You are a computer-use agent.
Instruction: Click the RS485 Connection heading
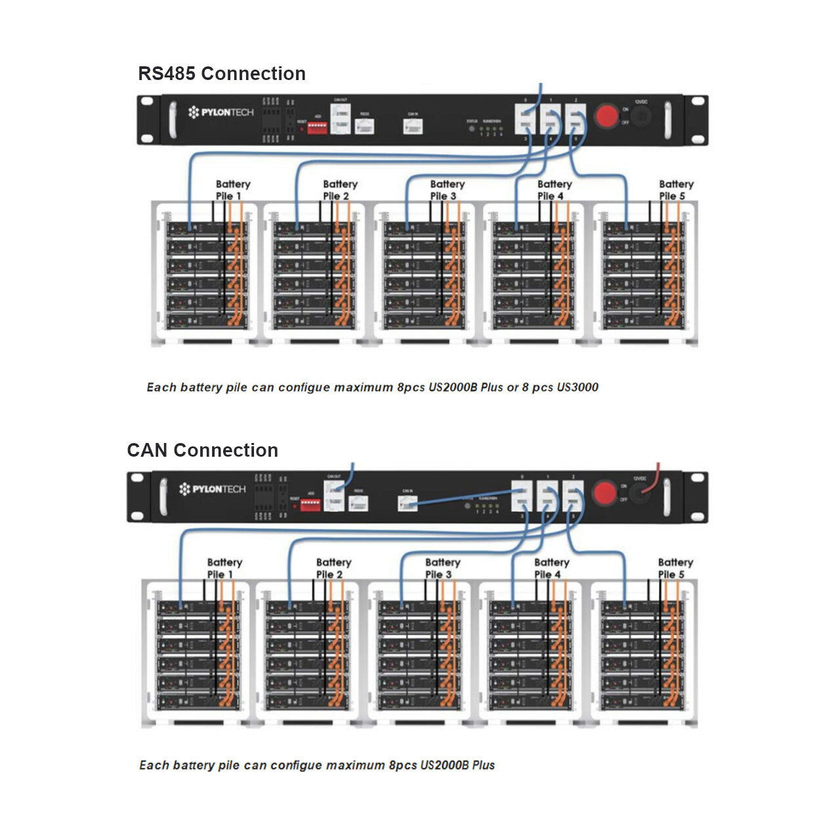point(222,73)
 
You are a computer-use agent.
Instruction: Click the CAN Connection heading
point(202,450)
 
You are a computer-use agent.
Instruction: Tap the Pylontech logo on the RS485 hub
point(220,112)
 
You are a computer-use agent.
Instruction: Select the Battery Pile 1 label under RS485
point(233,190)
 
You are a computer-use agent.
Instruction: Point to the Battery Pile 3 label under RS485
point(447,190)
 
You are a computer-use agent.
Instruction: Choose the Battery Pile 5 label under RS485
point(676,190)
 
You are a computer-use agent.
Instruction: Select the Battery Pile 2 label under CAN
point(333,568)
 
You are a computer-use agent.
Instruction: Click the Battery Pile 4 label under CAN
point(551,568)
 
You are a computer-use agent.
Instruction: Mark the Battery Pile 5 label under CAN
point(675,568)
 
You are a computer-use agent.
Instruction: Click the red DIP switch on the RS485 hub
point(317,127)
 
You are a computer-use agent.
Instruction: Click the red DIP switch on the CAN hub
point(310,504)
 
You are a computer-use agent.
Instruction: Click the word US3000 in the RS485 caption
point(577,387)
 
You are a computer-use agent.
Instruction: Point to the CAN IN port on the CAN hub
point(408,503)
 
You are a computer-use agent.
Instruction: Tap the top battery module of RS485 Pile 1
point(206,229)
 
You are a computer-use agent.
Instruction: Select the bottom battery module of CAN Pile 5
point(642,702)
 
